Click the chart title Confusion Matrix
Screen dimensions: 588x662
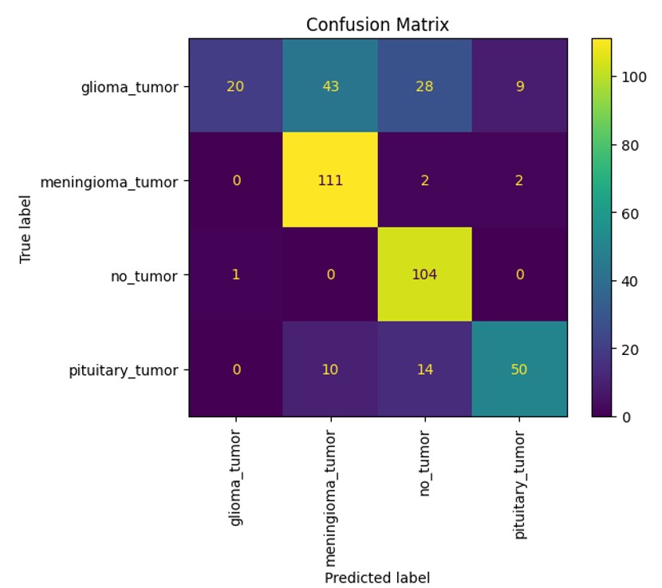(377, 25)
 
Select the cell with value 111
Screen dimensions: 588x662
(330, 180)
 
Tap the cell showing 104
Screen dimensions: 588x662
(424, 274)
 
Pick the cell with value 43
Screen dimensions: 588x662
(330, 86)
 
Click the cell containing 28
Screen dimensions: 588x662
(424, 86)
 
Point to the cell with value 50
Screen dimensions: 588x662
(518, 369)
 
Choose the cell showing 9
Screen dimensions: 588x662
(518, 86)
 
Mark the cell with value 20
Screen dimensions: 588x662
(236, 86)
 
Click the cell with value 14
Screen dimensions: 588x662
(424, 369)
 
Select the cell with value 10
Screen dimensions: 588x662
(330, 369)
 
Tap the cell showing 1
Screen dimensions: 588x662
(236, 274)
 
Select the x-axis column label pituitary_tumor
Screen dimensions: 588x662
(519, 484)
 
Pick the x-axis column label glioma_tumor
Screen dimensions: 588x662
(236, 478)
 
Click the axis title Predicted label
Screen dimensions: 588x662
(377, 577)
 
